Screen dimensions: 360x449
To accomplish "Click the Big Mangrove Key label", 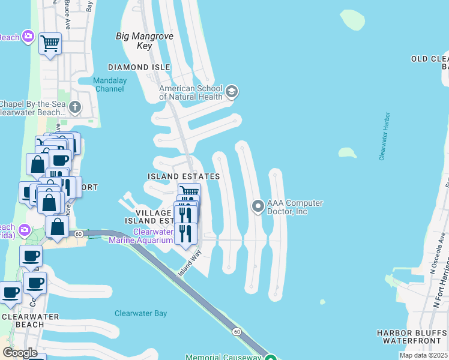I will click(145, 41).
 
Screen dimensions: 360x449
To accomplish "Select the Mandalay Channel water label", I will click(109, 85).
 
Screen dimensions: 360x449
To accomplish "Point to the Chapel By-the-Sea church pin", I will click(74, 107).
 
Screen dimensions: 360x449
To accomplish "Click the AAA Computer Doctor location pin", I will click(258, 207).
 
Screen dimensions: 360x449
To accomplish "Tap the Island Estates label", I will click(184, 176).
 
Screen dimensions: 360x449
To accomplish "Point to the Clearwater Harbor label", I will click(385, 136).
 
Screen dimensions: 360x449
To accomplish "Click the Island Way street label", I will click(188, 264).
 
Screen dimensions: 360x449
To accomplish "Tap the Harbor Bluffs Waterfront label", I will click(412, 337).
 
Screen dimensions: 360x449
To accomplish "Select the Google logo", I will click(20, 353).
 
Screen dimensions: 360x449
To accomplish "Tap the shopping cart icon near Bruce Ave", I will click(50, 43).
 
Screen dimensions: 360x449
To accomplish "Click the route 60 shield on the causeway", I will click(237, 331).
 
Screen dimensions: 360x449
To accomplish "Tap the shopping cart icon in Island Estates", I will click(190, 193).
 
